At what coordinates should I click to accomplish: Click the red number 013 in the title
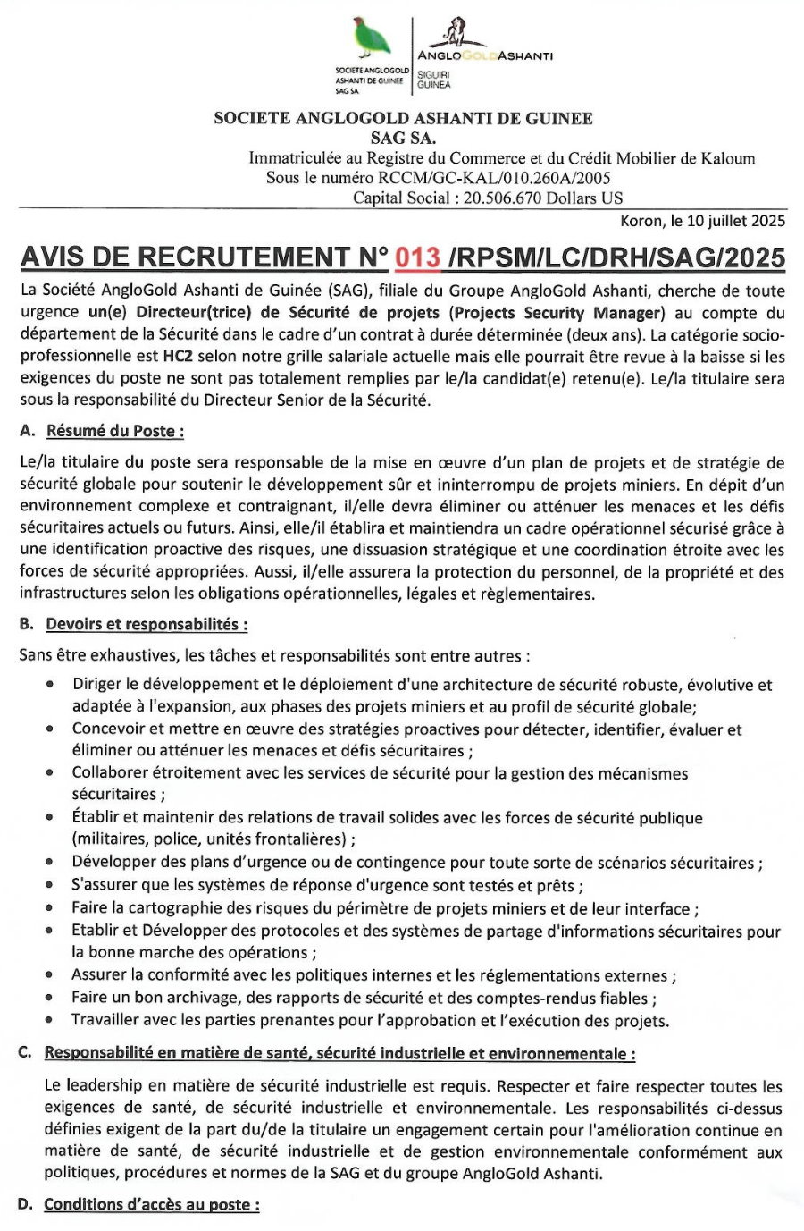pos(418,257)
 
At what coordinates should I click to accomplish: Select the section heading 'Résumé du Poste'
pos(115,431)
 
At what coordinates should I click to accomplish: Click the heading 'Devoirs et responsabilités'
pos(147,624)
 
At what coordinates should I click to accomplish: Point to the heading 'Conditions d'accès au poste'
pos(152,1204)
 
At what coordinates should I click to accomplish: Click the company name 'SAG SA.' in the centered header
pos(403,138)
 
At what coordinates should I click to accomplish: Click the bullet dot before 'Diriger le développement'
pos(51,686)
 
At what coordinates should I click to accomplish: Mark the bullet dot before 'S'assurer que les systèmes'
pos(51,886)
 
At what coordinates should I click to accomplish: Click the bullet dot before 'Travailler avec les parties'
pos(51,1020)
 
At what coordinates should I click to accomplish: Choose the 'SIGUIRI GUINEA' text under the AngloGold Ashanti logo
pos(434,80)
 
